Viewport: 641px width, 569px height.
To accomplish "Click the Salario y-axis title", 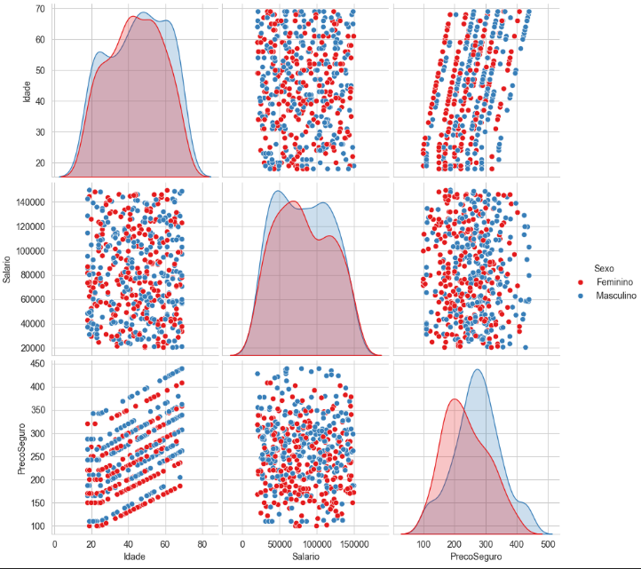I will pyautogui.click(x=8, y=266).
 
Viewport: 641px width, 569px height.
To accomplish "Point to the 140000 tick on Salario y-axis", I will pyautogui.click(x=32, y=202).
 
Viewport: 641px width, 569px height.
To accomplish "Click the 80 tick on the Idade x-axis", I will pyautogui.click(x=202, y=545).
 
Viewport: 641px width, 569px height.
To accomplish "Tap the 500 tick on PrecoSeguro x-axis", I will pyautogui.click(x=548, y=545).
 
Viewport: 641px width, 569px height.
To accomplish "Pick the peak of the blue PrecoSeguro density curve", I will pyautogui.click(x=479, y=369).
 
